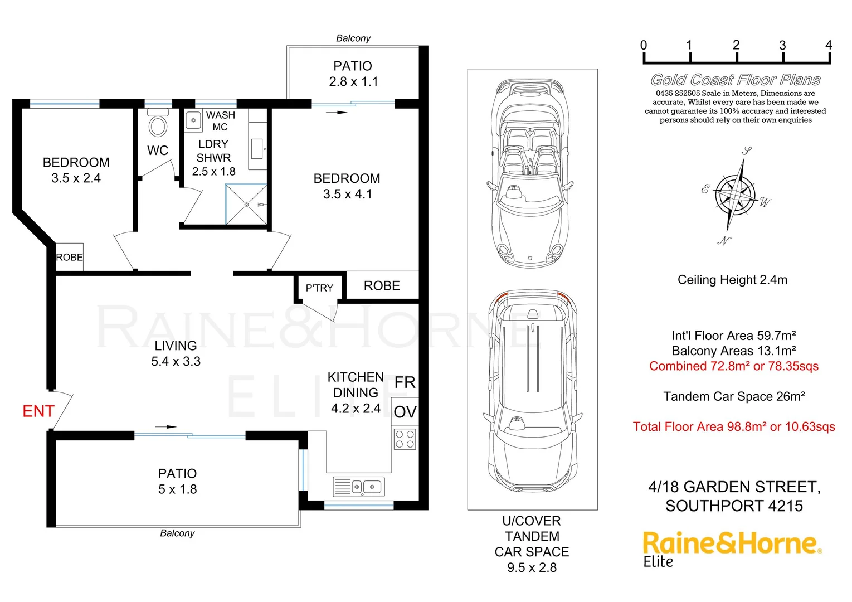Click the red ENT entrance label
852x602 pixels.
(38, 411)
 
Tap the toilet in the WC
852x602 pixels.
(158, 124)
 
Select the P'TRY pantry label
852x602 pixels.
(319, 288)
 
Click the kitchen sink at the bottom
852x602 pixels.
(359, 487)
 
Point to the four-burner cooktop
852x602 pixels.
(405, 439)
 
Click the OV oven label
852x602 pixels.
(405, 412)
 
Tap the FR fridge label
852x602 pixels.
(405, 382)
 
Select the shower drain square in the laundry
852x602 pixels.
(246, 205)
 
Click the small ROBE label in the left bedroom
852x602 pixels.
(70, 257)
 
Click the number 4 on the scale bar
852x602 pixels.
(829, 45)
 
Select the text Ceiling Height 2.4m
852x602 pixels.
(732, 280)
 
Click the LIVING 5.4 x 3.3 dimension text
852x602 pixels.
(176, 361)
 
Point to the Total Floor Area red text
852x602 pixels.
(734, 427)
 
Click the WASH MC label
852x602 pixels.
(220, 121)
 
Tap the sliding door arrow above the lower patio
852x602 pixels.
(165, 427)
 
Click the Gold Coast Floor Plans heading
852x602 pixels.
(736, 80)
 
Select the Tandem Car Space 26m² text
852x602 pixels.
(734, 397)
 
